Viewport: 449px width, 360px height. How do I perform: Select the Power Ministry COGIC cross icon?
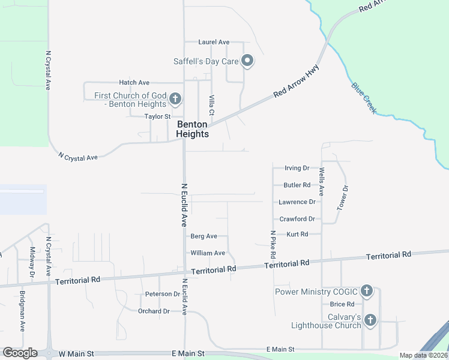pyautogui.click(x=367, y=292)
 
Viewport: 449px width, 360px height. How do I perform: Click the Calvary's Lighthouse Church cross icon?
pyautogui.click(x=370, y=320)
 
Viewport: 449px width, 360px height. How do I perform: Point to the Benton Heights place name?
pyautogui.click(x=193, y=129)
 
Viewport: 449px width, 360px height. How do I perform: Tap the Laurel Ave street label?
pyautogui.click(x=215, y=42)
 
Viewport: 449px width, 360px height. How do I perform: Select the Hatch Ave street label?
pyautogui.click(x=134, y=82)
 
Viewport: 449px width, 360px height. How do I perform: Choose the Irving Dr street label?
pyautogui.click(x=297, y=168)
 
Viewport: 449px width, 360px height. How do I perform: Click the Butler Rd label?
pyautogui.click(x=297, y=185)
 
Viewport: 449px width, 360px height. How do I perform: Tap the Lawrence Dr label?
pyautogui.click(x=297, y=202)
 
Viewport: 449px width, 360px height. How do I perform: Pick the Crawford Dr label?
pyautogui.click(x=297, y=219)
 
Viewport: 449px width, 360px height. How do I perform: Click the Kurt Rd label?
pyautogui.click(x=297, y=234)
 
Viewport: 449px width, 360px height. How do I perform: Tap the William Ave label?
pyautogui.click(x=208, y=253)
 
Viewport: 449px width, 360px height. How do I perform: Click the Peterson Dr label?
pyautogui.click(x=162, y=294)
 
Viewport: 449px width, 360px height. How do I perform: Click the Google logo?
pyautogui.click(x=20, y=353)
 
